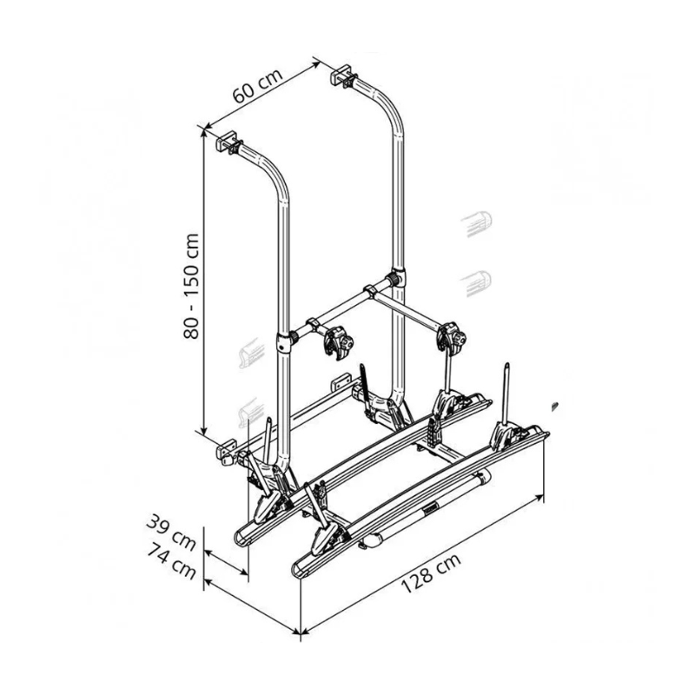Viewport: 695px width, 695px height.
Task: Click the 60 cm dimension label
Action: click(x=257, y=86)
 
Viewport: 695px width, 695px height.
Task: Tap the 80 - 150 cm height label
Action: click(x=191, y=286)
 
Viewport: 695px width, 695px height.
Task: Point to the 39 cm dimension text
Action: click(x=170, y=532)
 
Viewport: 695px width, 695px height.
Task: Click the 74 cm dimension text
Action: click(x=171, y=562)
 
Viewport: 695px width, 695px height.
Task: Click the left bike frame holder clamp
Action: click(x=338, y=341)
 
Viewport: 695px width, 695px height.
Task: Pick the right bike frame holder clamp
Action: click(x=452, y=336)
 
